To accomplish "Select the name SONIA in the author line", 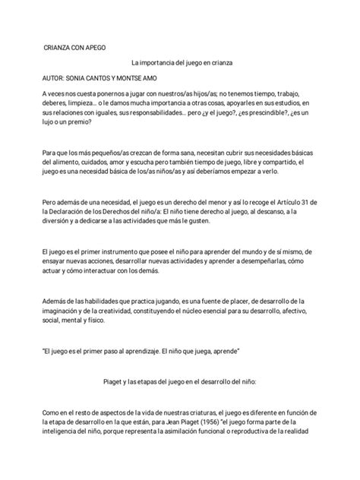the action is tap(77, 77).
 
